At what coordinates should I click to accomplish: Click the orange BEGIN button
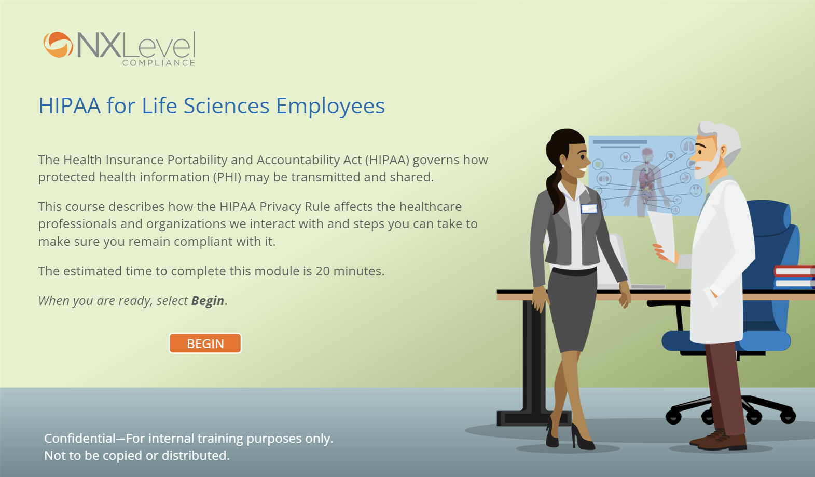point(205,343)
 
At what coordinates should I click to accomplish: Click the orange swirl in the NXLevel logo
point(58,45)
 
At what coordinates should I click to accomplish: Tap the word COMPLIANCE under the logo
point(159,63)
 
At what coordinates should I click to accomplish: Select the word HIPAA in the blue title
point(70,106)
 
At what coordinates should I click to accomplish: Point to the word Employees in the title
point(330,107)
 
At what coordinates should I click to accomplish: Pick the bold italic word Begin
point(208,301)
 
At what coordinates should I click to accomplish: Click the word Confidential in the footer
point(80,439)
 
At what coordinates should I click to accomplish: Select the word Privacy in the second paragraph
point(280,207)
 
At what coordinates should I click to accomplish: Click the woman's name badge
point(589,208)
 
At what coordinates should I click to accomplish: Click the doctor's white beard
point(707,166)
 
